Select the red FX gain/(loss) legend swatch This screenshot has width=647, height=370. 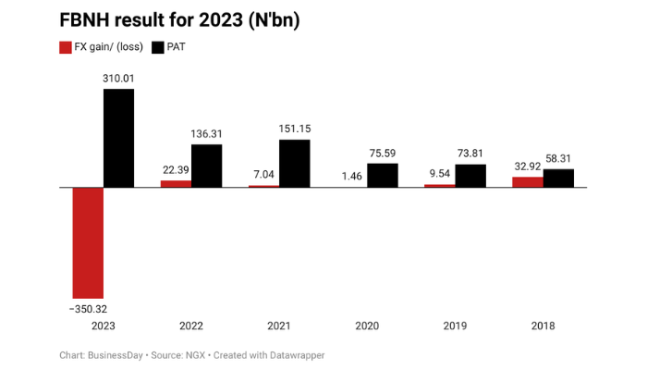click(66, 46)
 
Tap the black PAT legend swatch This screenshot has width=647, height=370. click(158, 46)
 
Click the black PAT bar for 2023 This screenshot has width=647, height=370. click(118, 138)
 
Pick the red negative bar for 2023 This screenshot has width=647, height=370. click(88, 243)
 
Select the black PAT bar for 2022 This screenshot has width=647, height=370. click(206, 166)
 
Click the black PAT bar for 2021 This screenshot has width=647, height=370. click(294, 163)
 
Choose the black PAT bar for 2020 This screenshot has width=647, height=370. click(382, 176)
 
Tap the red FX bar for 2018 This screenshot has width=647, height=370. click(528, 181)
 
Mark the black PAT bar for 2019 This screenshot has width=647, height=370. click(470, 176)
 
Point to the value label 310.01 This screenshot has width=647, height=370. click(118, 80)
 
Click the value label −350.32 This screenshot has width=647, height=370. click(88, 309)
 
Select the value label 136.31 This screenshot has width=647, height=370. click(206, 135)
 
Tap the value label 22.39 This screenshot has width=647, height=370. click(176, 170)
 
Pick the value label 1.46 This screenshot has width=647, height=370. click(351, 178)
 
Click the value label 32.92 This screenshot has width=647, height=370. click(528, 166)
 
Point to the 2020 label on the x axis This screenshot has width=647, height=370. click(367, 327)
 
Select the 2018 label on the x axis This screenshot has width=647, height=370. click(543, 327)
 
